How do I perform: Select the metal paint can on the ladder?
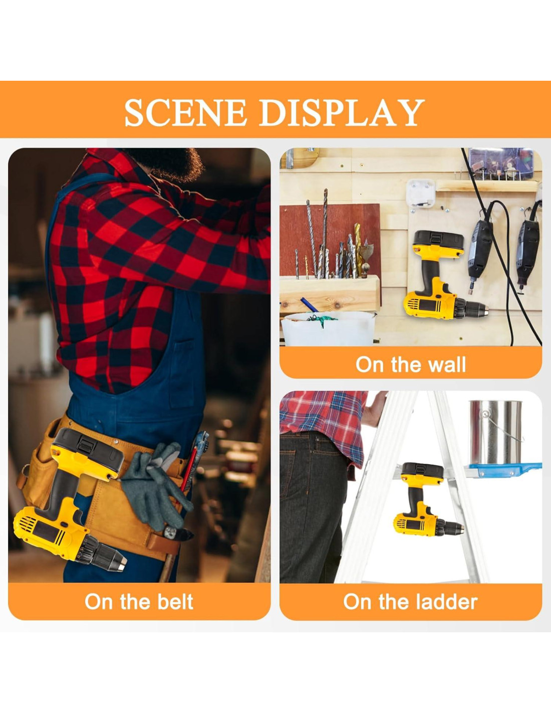pyautogui.click(x=495, y=432)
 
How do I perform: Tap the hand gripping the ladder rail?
pyautogui.click(x=375, y=409)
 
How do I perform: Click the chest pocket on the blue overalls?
pyautogui.click(x=182, y=374)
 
